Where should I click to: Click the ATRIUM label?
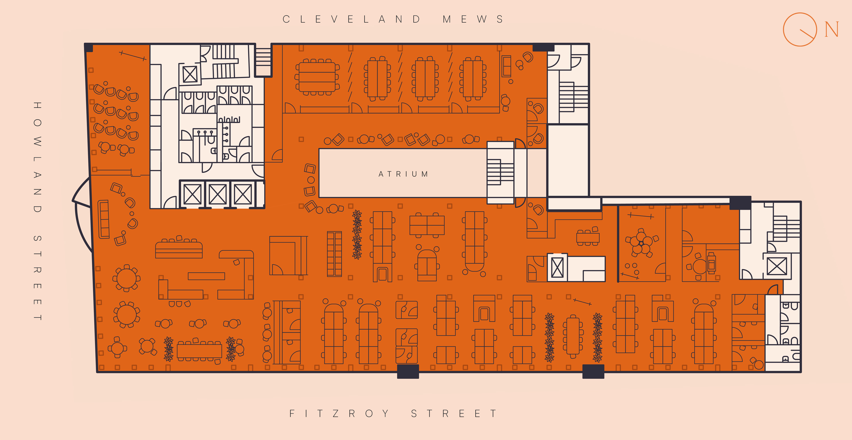pos(403,174)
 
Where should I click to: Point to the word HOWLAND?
pos(37,157)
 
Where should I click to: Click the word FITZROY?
pos(339,413)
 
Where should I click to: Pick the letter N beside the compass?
pos(831,29)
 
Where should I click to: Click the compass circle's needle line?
pos(807,34)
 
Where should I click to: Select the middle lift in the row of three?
pos(218,194)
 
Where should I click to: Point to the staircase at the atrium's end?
pos(500,173)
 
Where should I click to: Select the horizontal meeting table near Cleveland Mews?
pos(317,77)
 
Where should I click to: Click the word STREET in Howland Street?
pos(37,278)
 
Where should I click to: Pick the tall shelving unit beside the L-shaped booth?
pos(334,254)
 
